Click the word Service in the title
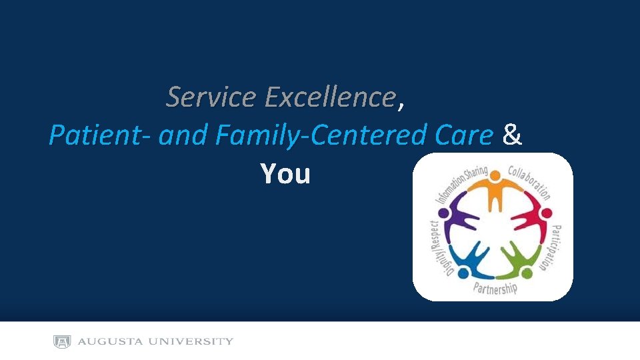(211, 97)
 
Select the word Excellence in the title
(330, 97)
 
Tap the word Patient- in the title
(100, 136)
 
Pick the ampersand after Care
(512, 136)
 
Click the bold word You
(285, 174)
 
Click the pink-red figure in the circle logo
(533, 217)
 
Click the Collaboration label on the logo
(530, 181)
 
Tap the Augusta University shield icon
(62, 342)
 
